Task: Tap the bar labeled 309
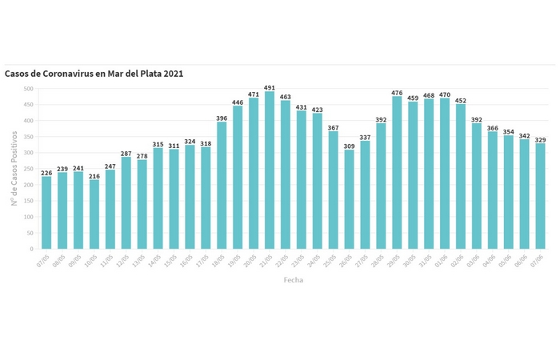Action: (x=349, y=199)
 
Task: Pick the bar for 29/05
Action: (x=397, y=173)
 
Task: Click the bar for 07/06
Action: (x=540, y=196)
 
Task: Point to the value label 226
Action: (x=46, y=172)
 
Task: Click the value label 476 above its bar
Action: (x=397, y=92)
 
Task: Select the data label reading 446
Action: (x=238, y=102)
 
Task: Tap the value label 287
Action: (x=126, y=153)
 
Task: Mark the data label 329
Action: (x=540, y=139)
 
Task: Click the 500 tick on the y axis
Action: (x=29, y=89)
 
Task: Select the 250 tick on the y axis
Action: (x=29, y=169)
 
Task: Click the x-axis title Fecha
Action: (x=294, y=280)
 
